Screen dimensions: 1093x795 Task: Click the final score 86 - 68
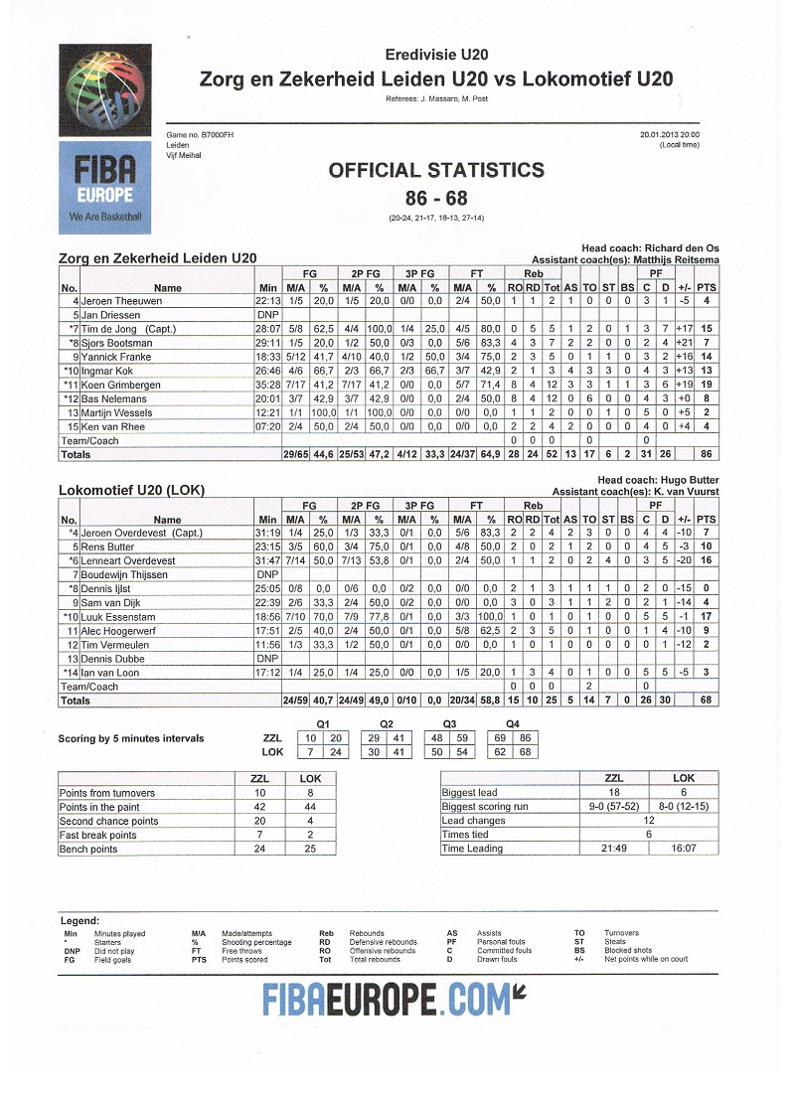(436, 198)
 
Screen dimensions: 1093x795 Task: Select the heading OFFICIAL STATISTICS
(436, 170)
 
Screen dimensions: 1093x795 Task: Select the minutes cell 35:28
(268, 384)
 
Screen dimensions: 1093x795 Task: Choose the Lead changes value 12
(648, 821)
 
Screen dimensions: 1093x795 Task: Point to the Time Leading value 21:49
(614, 850)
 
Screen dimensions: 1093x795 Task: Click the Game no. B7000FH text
(200, 134)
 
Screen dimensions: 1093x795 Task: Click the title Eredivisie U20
(436, 55)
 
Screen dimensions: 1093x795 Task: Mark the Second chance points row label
(108, 821)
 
